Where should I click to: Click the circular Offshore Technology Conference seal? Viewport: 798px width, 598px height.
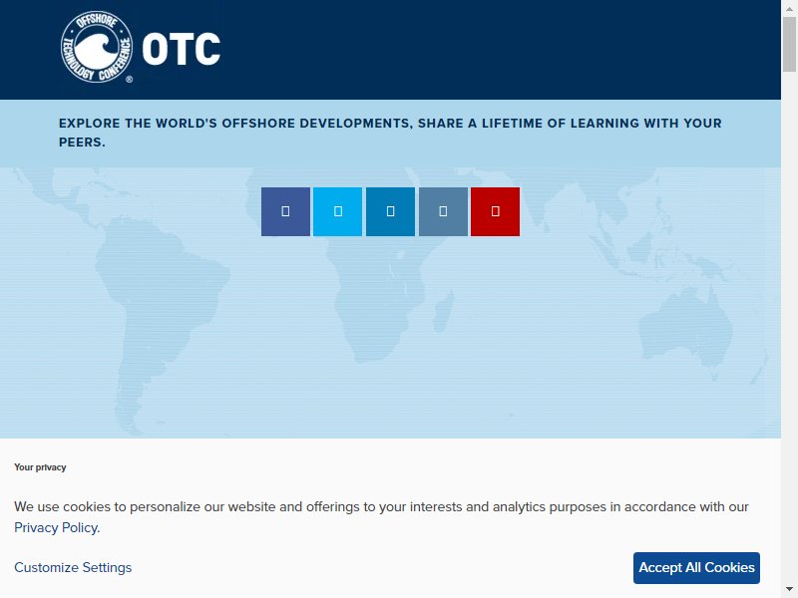(x=97, y=47)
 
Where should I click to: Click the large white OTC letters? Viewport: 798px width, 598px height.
(x=182, y=49)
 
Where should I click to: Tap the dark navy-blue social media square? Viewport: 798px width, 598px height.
(x=285, y=211)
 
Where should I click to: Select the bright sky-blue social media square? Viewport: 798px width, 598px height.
(x=337, y=211)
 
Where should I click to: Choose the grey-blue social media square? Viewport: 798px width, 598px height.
(x=443, y=211)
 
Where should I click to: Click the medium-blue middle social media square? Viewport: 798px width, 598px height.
(x=390, y=211)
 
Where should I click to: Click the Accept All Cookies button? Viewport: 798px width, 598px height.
(x=696, y=567)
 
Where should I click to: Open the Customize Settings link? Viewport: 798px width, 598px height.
(x=73, y=567)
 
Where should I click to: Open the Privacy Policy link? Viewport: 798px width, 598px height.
(x=56, y=528)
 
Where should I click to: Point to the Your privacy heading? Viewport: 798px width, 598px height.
(x=40, y=467)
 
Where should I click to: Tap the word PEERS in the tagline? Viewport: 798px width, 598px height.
(x=81, y=143)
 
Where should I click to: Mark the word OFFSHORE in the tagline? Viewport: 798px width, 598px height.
(x=258, y=124)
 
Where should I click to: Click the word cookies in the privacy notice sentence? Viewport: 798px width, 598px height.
(x=87, y=507)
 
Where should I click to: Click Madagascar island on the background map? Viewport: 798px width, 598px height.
(x=443, y=311)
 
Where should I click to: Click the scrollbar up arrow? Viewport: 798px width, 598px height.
(x=789, y=8)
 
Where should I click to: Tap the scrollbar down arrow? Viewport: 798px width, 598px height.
(x=789, y=591)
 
